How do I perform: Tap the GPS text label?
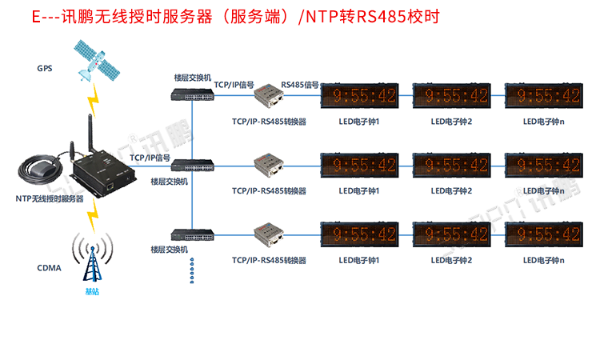44,68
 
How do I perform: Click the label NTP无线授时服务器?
49,198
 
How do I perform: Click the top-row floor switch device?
193,94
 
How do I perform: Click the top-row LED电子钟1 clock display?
365,96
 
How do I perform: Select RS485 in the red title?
382,17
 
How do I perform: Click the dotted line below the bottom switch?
192,270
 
